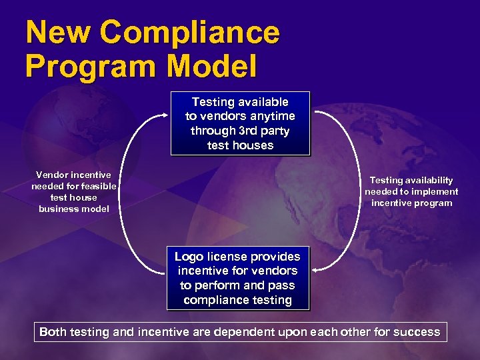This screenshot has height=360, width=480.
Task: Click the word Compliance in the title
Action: (x=191, y=33)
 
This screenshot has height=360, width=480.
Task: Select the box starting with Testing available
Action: (x=240, y=123)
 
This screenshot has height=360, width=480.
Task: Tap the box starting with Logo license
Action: (x=238, y=278)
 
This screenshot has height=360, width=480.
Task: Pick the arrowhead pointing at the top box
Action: (x=167, y=114)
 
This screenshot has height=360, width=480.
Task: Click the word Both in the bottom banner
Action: (x=54, y=332)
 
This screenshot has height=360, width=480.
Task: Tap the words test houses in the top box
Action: (x=240, y=145)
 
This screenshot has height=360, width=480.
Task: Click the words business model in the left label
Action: (x=73, y=209)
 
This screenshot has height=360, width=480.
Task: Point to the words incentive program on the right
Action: (x=411, y=203)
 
